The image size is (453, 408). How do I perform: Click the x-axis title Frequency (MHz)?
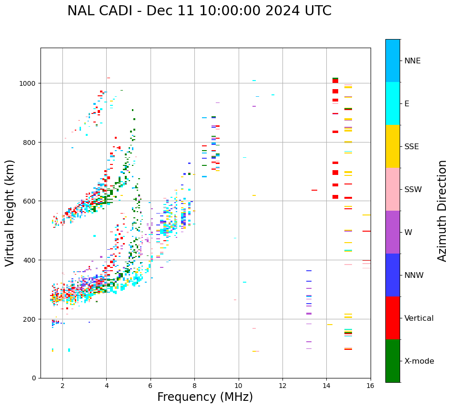205,397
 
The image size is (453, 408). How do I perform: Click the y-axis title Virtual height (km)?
10,213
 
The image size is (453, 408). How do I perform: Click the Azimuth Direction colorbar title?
443,211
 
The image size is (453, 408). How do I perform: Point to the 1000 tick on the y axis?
29,83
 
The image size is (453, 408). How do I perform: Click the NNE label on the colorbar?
413,61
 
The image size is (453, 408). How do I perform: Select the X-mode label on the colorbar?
419,361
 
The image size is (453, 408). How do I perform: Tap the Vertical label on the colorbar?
419,318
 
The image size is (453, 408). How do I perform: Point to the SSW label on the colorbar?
413,190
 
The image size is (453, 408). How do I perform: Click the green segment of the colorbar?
393,361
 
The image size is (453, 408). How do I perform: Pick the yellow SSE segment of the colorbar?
393,146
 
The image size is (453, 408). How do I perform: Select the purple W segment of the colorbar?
393,232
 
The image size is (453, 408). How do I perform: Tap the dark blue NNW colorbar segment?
393,275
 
